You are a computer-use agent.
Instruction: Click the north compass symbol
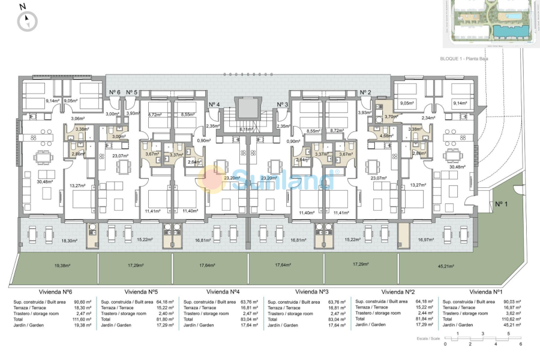click(x=26, y=21)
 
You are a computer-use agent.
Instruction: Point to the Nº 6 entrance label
click(x=114, y=92)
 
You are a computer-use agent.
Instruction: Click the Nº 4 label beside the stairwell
click(x=214, y=104)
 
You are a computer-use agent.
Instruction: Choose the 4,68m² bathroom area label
click(x=386, y=136)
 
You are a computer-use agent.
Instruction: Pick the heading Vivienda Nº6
click(x=56, y=291)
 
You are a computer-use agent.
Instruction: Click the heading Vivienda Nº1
click(x=487, y=291)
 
